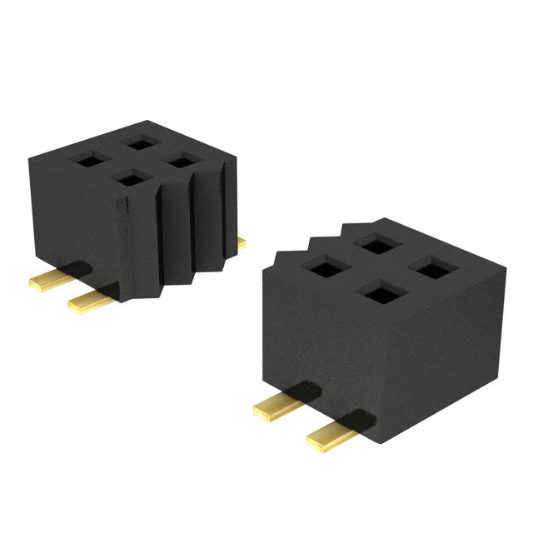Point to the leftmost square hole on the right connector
point(318,267)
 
